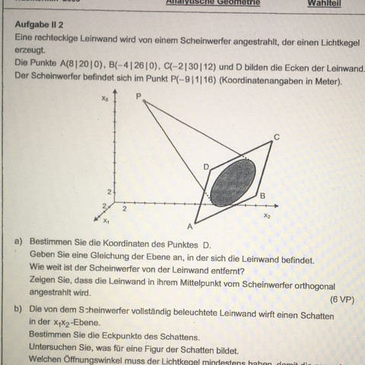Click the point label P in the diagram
138,97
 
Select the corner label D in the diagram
205,165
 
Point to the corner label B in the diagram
262,196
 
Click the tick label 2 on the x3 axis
108,189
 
